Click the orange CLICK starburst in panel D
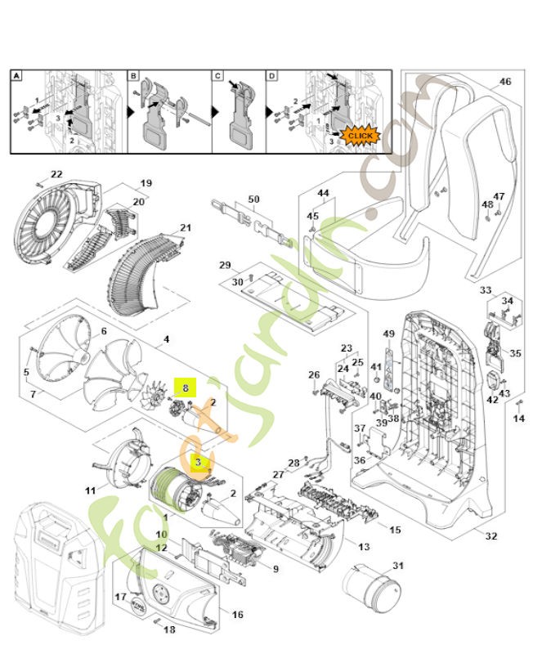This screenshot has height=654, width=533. coord(360,134)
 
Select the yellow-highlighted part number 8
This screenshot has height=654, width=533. coord(185,388)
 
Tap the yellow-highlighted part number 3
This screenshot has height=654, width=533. coord(197,462)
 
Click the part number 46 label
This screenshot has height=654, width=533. coord(504,82)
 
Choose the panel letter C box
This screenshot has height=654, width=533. coord(218,75)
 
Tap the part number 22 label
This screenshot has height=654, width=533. coord(56,174)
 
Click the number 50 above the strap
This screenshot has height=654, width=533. coord(253,199)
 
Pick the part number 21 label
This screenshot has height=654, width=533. coord(186,227)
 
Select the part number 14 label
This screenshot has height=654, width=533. coord(517,419)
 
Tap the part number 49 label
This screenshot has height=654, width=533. coord(389,334)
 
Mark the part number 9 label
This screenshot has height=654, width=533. coord(275,569)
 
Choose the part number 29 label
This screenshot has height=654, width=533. coord(225,267)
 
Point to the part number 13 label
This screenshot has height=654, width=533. coord(363,545)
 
